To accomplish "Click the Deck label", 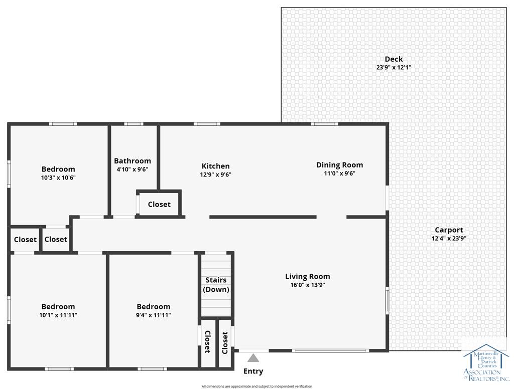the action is coord(394,59).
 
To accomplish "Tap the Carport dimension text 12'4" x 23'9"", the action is coord(449,239).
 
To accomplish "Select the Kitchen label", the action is coord(215,166).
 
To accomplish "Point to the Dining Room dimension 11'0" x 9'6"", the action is coord(340,173).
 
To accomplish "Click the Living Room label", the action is coord(308,276).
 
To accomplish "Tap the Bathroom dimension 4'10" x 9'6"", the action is coord(133,169).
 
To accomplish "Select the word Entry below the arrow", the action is coord(253,371).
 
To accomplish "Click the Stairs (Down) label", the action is coord(216,285).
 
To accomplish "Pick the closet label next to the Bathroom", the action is coord(159,205).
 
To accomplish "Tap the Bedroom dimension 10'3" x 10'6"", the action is coord(58,178).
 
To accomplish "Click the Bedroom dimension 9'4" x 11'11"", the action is coord(154,315).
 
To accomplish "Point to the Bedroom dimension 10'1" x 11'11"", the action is coord(58,315).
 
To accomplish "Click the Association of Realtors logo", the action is coord(486,363).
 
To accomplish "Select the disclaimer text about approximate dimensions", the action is coord(257,386).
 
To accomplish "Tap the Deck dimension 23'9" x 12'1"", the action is coord(394,68).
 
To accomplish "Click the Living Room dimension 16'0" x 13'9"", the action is coord(308,285).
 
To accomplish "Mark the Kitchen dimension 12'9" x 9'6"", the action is coord(216,175).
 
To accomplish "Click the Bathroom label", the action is coord(133,161).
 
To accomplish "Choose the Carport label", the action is coord(449,230).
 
